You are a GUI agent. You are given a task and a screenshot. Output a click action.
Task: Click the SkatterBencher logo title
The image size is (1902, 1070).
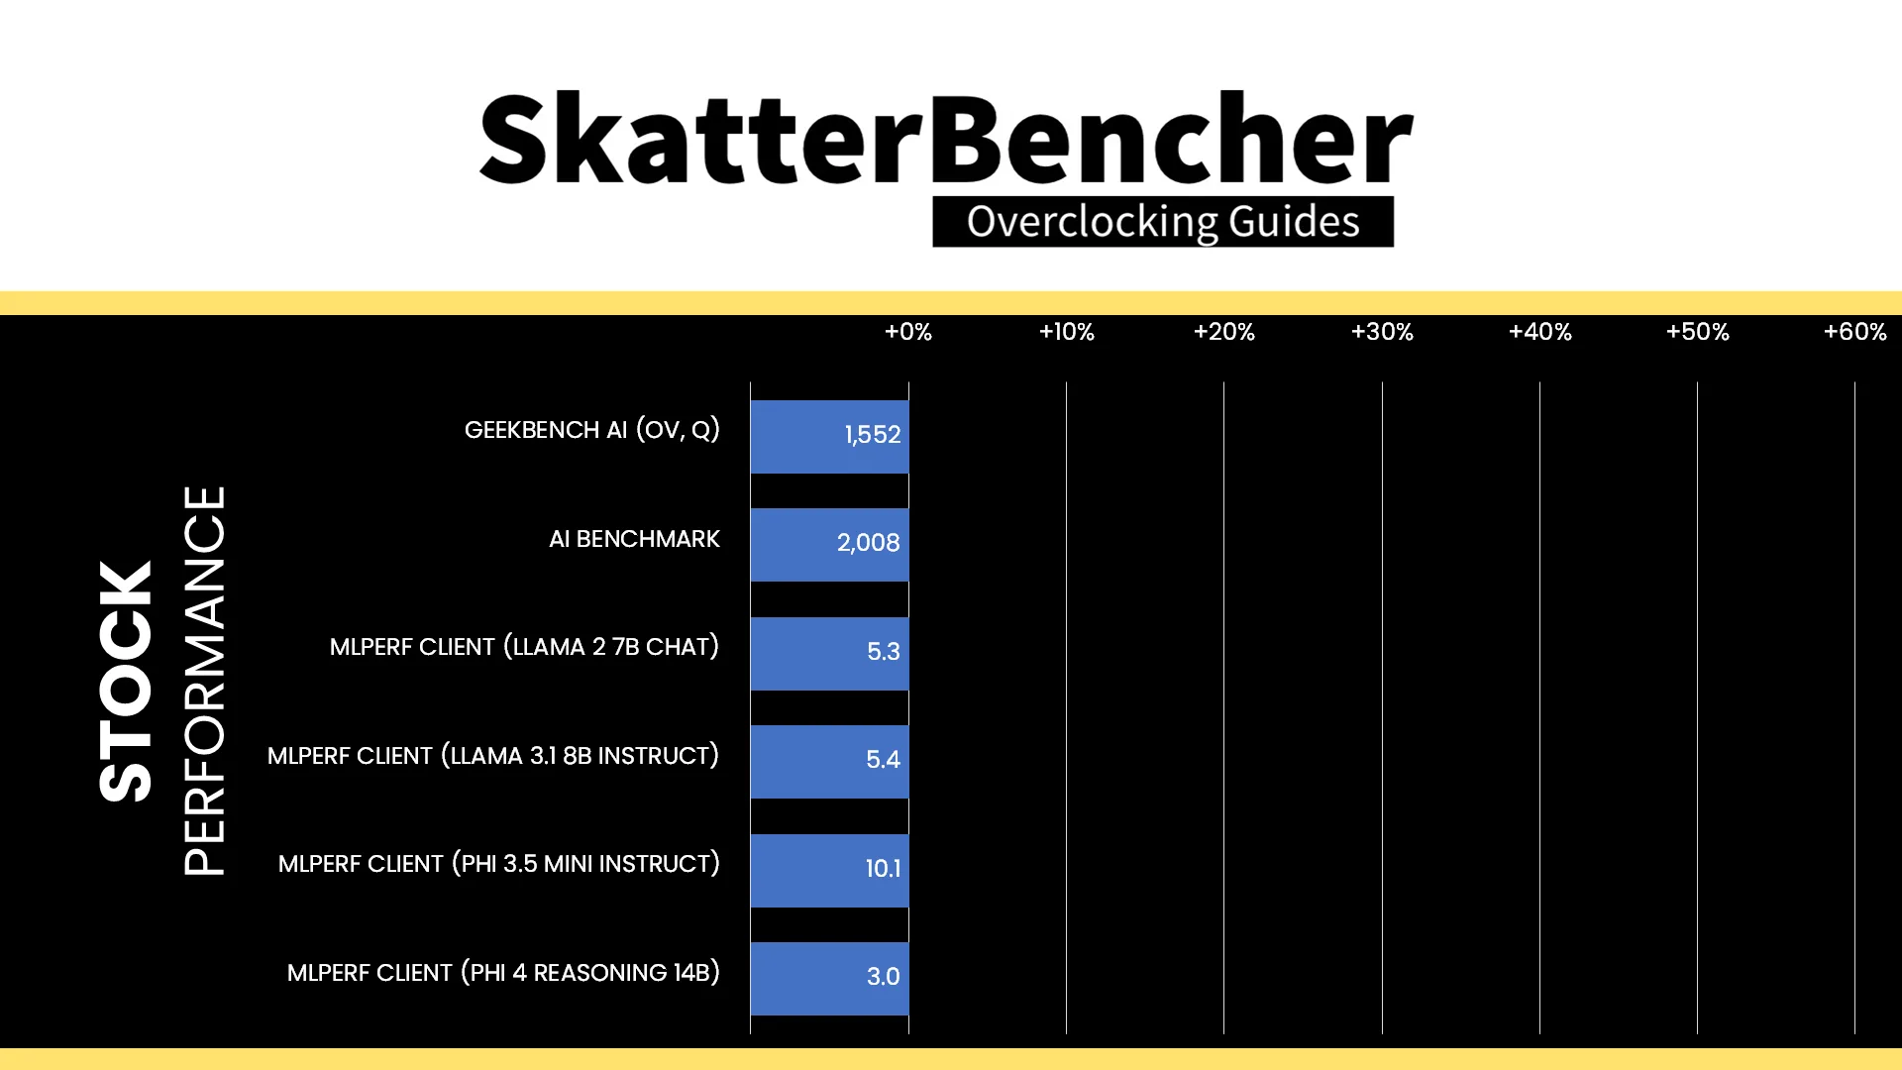[x=946, y=138]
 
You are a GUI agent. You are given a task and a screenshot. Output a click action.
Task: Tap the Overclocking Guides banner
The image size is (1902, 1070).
[x=1163, y=222]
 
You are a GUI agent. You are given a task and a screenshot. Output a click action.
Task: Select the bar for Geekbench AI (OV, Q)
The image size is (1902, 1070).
[x=829, y=436]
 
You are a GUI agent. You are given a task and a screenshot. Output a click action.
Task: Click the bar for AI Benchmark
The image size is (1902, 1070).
[x=829, y=545]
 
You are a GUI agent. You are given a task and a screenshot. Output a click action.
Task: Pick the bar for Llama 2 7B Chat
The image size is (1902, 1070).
[x=829, y=653]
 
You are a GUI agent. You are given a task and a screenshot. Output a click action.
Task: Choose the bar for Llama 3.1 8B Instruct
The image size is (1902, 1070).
[x=829, y=762]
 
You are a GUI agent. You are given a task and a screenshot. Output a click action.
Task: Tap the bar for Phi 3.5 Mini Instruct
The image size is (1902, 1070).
[x=829, y=870]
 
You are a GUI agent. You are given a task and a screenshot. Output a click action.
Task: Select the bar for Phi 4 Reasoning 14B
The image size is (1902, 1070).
[x=829, y=979]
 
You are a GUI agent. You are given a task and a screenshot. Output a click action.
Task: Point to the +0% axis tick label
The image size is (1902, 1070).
[x=908, y=332]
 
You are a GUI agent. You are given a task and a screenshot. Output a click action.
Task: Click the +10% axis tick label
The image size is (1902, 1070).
[x=1066, y=332]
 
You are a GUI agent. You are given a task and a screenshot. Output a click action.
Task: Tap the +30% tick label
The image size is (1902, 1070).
[x=1382, y=332]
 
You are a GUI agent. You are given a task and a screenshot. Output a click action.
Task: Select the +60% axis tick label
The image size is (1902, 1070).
[x=1855, y=332]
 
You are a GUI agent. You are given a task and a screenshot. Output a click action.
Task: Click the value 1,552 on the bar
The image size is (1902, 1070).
[x=873, y=435]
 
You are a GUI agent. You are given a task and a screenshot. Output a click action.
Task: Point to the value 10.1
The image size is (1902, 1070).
[x=883, y=869]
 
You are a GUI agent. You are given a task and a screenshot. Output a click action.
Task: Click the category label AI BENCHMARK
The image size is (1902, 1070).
[x=634, y=539]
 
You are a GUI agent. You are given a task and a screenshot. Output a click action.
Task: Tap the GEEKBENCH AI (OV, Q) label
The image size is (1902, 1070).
[x=592, y=430]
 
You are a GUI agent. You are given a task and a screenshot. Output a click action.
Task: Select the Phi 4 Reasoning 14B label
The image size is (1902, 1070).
[x=503, y=973]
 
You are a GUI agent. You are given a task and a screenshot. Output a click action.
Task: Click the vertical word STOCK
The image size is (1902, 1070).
[x=126, y=682]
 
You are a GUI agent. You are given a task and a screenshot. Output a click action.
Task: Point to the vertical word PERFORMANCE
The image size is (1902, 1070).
[x=205, y=681]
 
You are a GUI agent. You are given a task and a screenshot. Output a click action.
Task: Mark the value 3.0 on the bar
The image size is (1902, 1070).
[x=883, y=977]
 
